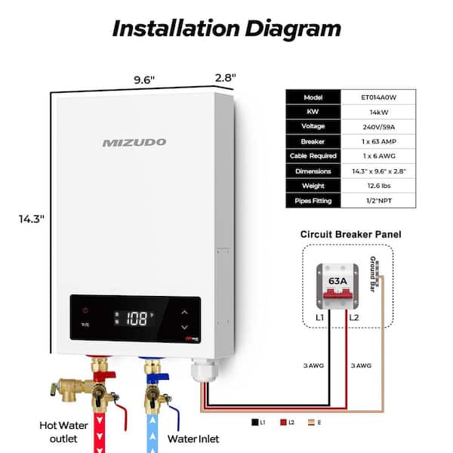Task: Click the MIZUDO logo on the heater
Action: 134,142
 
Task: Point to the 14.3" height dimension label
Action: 32,219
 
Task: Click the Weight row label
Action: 313,186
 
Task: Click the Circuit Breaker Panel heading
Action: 350,234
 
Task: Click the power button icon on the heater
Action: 85,310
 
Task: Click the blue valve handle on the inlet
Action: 160,372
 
